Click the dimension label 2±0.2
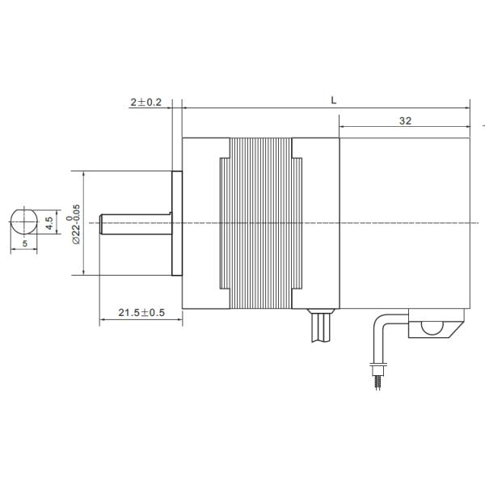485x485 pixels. coord(145,103)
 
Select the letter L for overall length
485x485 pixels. coord(334,99)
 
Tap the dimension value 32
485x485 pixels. coord(405,120)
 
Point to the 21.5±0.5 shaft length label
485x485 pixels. coord(141,313)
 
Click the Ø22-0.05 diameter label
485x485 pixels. coord(74,223)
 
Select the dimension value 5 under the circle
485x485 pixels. coord(24,242)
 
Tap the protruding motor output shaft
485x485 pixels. coord(134,223)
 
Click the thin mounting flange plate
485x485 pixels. coord(177,223)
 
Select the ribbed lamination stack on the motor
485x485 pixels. coord(260,223)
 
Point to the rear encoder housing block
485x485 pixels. coord(404,221)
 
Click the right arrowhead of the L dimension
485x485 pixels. coord(467,107)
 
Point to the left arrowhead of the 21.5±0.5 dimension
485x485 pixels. coord(103,321)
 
